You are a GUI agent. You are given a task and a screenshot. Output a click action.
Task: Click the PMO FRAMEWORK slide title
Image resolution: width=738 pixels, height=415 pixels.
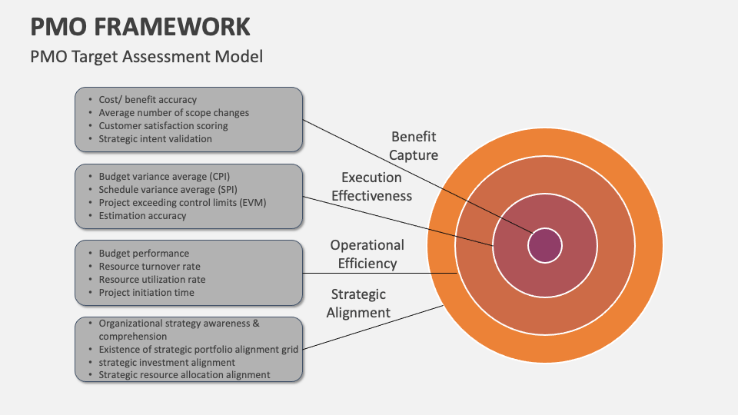pyautogui.click(x=141, y=26)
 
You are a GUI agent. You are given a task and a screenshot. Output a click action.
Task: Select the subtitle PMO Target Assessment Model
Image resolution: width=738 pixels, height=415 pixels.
pyautogui.click(x=146, y=57)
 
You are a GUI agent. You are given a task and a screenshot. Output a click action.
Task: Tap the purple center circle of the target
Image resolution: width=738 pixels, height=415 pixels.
pyautogui.click(x=545, y=246)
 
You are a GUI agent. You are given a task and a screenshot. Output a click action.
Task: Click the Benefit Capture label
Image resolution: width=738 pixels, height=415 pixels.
pyautogui.click(x=413, y=146)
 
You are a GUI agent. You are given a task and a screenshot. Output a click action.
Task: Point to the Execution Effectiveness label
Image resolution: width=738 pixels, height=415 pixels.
pyautogui.click(x=371, y=187)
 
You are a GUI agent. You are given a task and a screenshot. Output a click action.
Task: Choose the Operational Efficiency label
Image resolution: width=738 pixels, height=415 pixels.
pyautogui.click(x=367, y=254)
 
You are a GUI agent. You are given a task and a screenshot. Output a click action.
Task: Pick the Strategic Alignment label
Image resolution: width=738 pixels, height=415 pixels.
pyautogui.click(x=358, y=304)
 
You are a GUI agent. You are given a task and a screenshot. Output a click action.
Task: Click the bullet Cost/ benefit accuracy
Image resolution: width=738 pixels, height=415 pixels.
pyautogui.click(x=148, y=99)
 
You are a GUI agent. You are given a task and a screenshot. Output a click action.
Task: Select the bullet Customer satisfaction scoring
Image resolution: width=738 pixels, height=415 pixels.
pyautogui.click(x=163, y=125)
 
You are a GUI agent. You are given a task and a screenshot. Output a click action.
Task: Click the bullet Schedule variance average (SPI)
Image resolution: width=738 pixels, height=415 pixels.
pyautogui.click(x=167, y=189)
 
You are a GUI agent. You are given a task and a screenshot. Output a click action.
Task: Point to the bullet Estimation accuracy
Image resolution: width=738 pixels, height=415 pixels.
pyautogui.click(x=142, y=216)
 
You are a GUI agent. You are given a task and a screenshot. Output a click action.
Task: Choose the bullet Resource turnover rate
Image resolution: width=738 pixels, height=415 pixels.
pyautogui.click(x=149, y=267)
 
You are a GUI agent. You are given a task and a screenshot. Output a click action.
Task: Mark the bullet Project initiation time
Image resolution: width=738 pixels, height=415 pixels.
pyautogui.click(x=146, y=293)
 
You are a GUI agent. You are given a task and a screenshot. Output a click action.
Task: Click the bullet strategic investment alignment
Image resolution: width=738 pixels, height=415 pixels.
pyautogui.click(x=167, y=362)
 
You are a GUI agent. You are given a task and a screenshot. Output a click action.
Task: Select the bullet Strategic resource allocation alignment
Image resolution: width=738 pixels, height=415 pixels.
pyautogui.click(x=184, y=375)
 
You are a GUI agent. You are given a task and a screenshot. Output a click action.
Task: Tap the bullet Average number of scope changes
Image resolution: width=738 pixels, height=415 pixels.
pyautogui.click(x=174, y=112)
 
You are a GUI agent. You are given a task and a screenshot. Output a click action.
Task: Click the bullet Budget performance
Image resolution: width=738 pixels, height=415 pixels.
pyautogui.click(x=144, y=253)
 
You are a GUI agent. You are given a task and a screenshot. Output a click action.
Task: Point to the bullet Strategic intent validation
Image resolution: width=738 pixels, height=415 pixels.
pyautogui.click(x=155, y=139)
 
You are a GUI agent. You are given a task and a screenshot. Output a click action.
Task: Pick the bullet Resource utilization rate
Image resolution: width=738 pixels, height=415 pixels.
pyautogui.click(x=152, y=280)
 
